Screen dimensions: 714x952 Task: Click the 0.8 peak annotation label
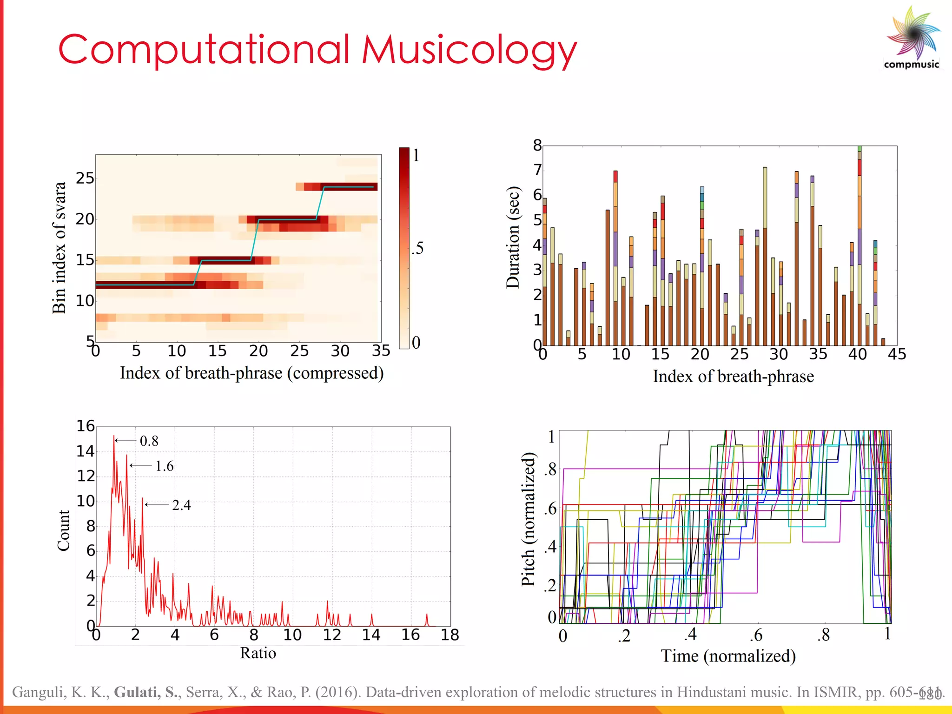(x=149, y=441)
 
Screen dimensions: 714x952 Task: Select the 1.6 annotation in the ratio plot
(x=164, y=466)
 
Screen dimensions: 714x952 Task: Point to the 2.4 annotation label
(x=181, y=505)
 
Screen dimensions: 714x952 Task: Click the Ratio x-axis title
(x=258, y=653)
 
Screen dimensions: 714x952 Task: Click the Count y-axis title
(x=63, y=530)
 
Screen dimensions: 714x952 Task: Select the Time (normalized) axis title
(x=728, y=656)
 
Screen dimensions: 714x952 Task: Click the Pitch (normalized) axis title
(x=528, y=519)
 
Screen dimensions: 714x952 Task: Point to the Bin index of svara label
(x=59, y=248)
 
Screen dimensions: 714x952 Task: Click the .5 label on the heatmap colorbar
(x=417, y=248)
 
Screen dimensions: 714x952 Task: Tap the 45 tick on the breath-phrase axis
(x=897, y=354)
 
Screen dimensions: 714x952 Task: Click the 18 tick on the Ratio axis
(x=450, y=635)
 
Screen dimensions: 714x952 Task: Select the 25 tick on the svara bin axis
(x=85, y=178)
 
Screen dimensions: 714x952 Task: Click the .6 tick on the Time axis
(x=756, y=635)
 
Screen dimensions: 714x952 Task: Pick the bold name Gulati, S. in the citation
(x=146, y=692)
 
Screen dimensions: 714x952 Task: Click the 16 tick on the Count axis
(x=86, y=426)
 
